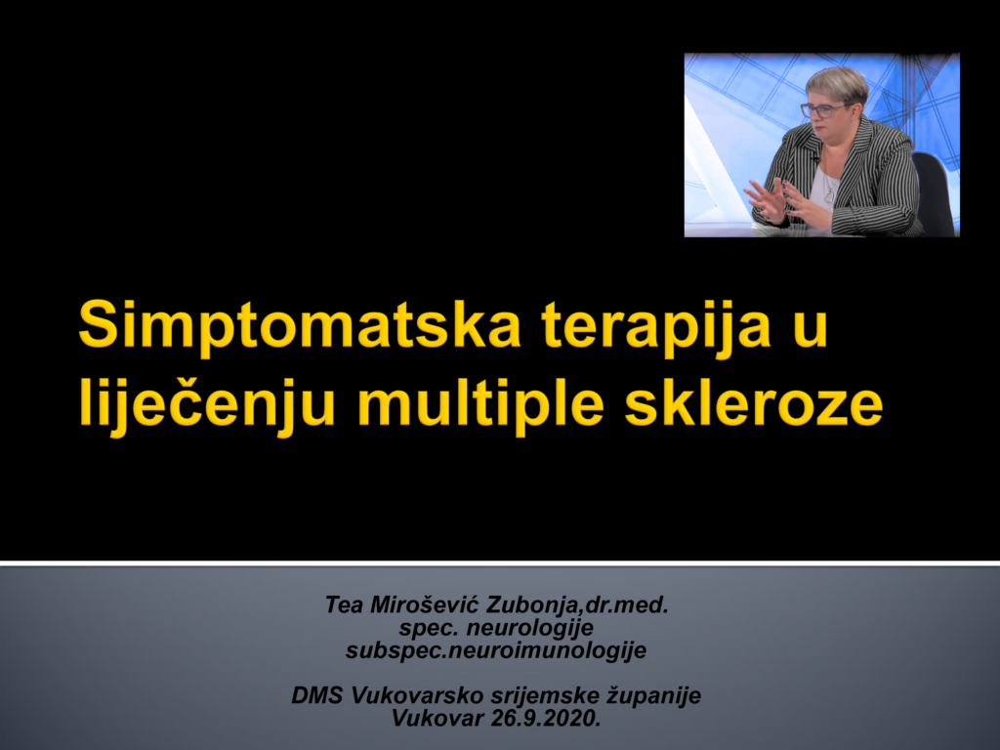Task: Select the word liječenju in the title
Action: [x=207, y=405]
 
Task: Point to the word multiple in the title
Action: [x=480, y=405]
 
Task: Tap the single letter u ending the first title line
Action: [x=811, y=333]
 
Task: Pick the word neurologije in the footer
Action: [x=530, y=628]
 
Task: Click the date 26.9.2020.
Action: [x=546, y=719]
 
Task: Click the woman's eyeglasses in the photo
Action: [x=824, y=109]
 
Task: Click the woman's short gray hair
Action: [x=837, y=82]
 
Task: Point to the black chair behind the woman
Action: [x=935, y=191]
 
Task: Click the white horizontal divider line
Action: [x=500, y=563]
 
